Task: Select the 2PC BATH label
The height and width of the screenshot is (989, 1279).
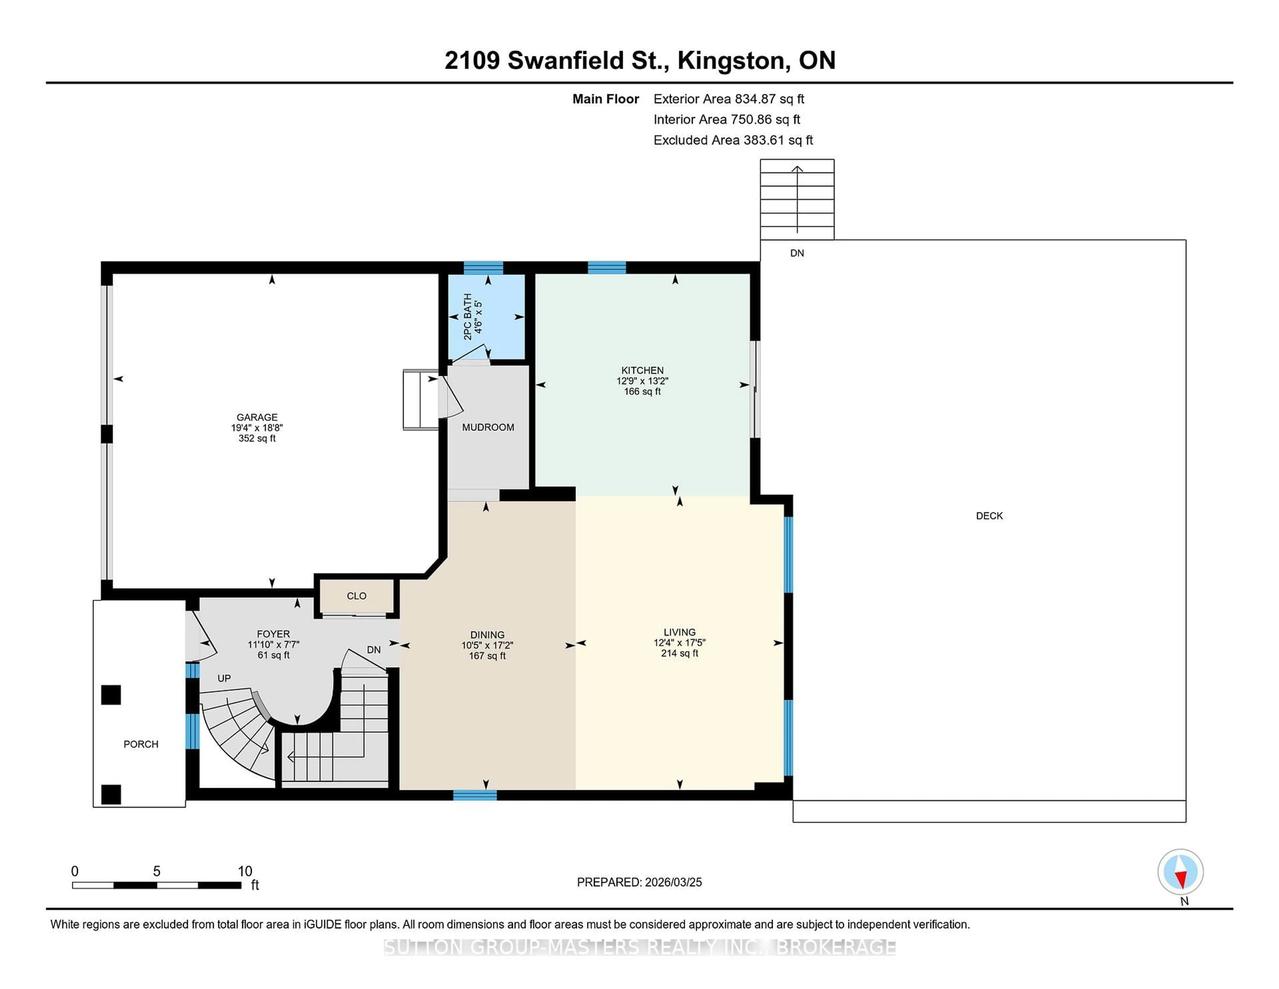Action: pos(467,316)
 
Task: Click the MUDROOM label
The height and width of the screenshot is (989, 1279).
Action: pos(488,427)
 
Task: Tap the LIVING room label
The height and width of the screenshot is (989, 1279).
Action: pos(679,632)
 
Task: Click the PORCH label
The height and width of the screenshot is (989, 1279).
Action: pos(141,744)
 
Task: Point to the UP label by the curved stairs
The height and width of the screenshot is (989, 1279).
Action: pos(224,678)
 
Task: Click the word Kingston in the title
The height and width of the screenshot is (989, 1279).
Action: pos(731,60)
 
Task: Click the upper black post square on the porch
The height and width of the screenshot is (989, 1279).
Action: pos(111,695)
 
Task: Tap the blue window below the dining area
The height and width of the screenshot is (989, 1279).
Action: pos(475,795)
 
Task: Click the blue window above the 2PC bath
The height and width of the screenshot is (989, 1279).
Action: pos(483,268)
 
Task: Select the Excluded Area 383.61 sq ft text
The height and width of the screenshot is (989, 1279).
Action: pos(733,140)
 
